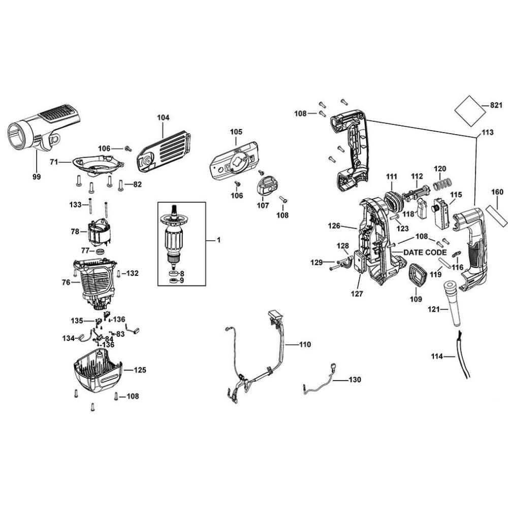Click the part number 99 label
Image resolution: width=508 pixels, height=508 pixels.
tap(37, 176)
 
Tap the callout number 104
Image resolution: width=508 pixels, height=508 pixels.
tap(163, 117)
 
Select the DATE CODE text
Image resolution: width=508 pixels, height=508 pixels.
tap(425, 252)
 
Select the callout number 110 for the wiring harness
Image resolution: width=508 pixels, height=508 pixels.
tap(304, 344)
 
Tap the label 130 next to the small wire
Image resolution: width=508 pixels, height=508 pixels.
tap(355, 380)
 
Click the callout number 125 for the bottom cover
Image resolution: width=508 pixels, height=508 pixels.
tap(140, 370)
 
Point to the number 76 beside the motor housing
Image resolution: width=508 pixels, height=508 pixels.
tap(66, 282)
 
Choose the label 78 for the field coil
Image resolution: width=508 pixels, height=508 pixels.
tap(75, 231)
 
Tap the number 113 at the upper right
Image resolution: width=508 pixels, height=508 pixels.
tap(487, 133)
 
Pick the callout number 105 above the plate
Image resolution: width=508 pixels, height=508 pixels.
tap(236, 132)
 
